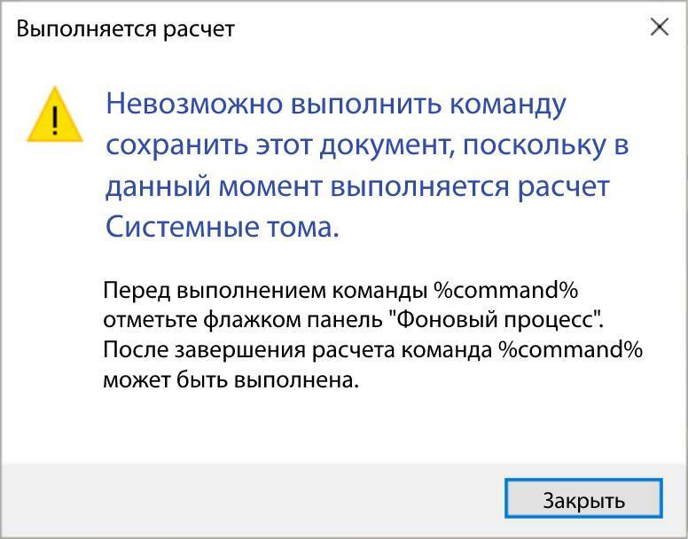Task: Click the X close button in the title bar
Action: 659,27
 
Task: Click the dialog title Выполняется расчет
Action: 126,28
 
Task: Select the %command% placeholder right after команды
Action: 505,291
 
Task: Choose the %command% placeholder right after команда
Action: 569,349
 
